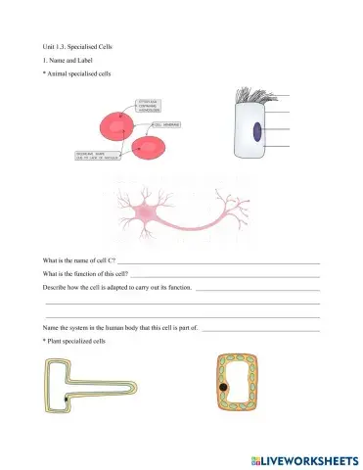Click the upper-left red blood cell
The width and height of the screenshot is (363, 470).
[115, 127]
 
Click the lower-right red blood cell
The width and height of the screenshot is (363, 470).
[152, 148]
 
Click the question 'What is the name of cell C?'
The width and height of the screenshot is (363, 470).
[79, 262]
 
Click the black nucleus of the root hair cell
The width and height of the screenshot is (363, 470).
[67, 400]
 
